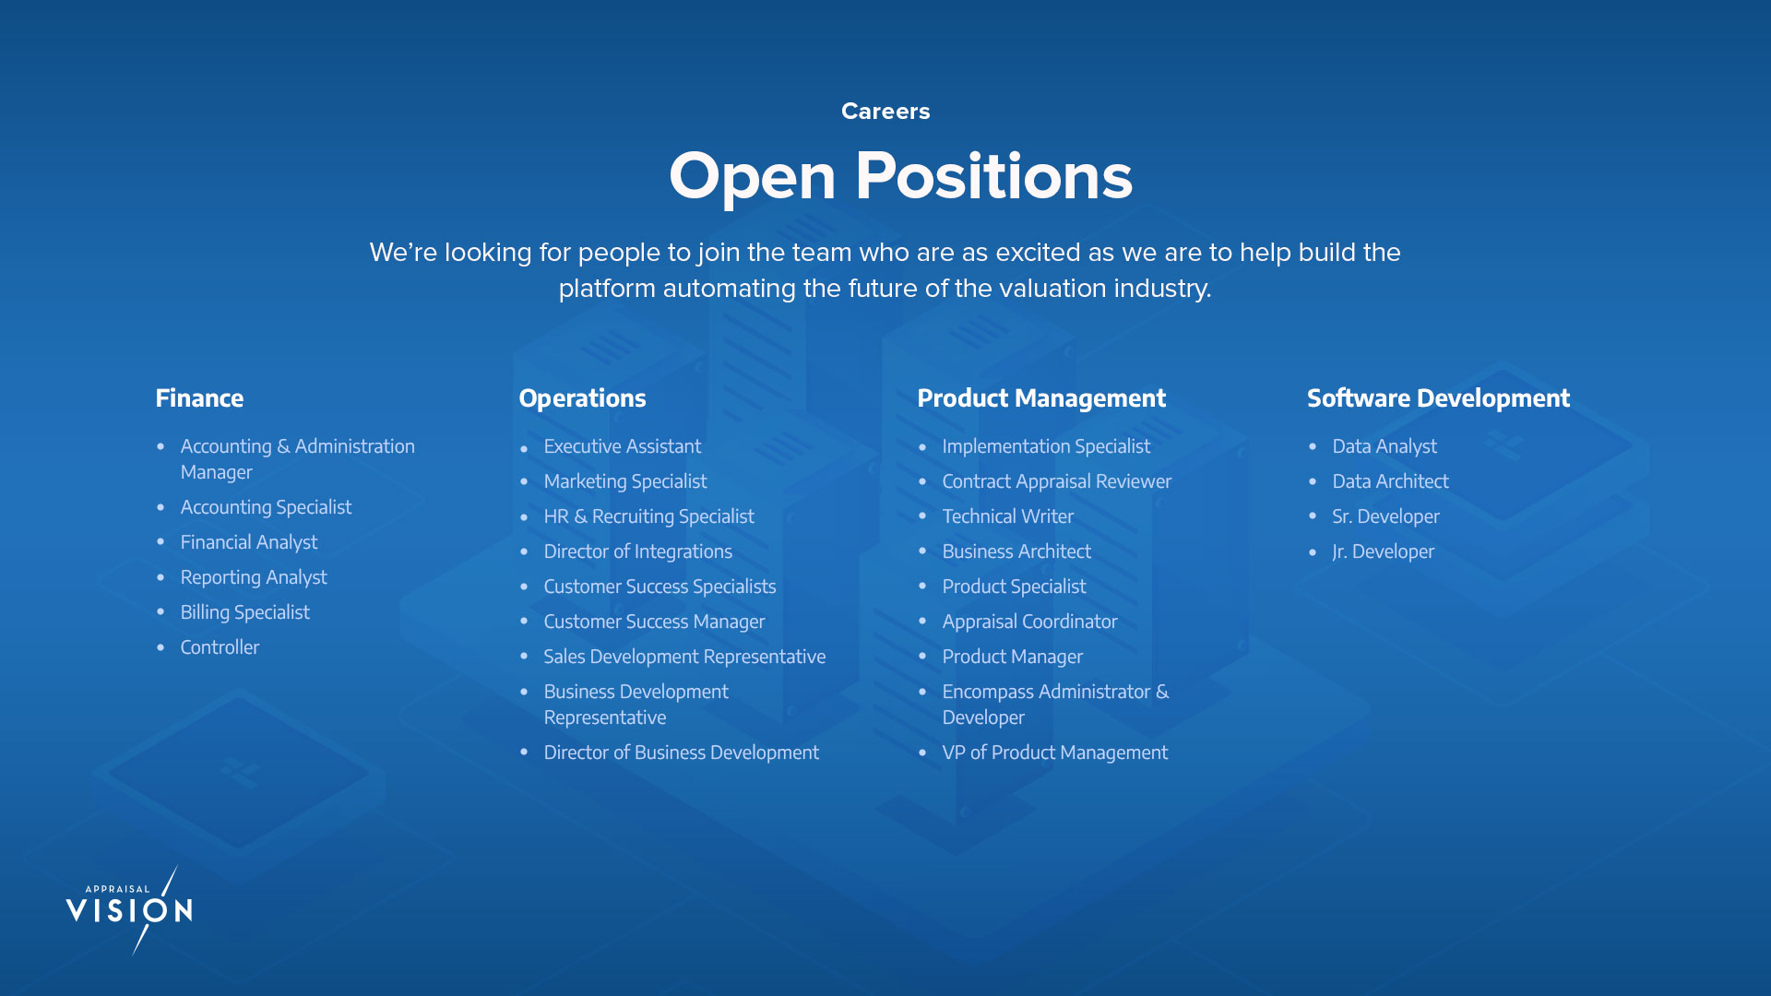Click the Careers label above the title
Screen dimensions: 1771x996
885,112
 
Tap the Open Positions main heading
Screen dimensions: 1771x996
900,176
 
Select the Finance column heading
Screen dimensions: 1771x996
199,398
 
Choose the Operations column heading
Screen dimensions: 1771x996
582,398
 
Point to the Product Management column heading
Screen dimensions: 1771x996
1041,398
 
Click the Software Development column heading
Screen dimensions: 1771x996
1438,398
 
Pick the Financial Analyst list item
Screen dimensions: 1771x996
249,542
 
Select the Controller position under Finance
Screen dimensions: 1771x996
220,647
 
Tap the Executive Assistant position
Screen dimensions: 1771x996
623,446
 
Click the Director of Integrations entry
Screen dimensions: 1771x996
637,551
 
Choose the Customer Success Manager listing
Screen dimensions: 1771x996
654,622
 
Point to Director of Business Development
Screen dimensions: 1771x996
681,753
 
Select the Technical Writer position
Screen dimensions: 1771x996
1007,516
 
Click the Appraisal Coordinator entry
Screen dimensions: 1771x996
1029,622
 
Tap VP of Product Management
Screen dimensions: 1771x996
1054,753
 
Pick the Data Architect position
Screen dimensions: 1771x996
1390,481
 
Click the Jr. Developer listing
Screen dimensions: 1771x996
1383,551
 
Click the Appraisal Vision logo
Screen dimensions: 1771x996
129,909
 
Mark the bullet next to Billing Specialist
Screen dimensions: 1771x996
160,611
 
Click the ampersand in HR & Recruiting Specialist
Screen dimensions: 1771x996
580,516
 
